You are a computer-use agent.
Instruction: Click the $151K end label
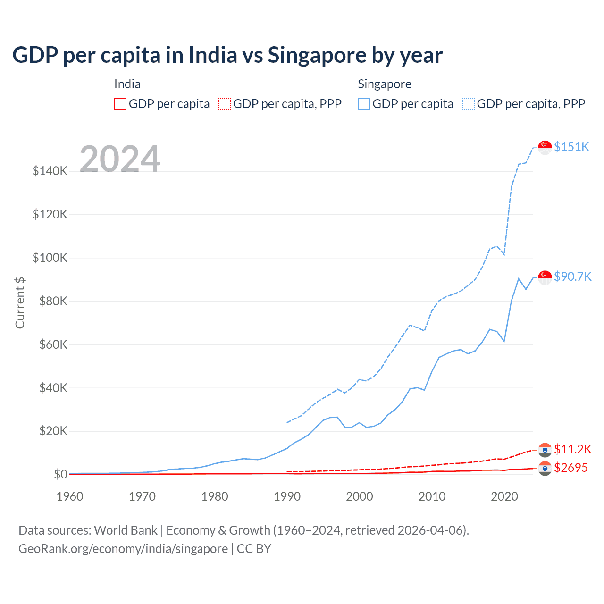click(x=571, y=147)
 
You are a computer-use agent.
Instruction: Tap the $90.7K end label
click(x=572, y=277)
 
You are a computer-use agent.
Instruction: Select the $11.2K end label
click(x=572, y=449)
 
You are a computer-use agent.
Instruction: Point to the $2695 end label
click(x=571, y=468)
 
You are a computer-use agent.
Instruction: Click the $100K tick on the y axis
click(x=50, y=258)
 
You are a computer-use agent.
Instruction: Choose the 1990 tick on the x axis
click(x=287, y=496)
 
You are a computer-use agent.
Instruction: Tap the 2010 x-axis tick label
click(x=432, y=496)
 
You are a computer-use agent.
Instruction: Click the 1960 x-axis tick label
click(x=70, y=496)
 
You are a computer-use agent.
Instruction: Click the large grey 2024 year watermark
click(x=120, y=159)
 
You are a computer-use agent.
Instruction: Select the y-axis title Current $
click(x=20, y=303)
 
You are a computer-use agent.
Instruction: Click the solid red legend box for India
click(x=120, y=104)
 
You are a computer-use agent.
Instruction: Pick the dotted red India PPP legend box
click(x=225, y=104)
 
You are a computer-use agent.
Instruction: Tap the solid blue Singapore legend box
click(x=364, y=104)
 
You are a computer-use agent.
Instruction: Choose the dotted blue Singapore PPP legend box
click(x=469, y=104)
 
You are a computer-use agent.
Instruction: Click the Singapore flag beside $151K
click(x=545, y=147)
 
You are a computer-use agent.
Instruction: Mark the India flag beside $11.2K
click(x=545, y=450)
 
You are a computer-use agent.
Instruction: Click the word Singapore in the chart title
click(x=317, y=55)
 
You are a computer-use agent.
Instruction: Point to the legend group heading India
click(x=127, y=84)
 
